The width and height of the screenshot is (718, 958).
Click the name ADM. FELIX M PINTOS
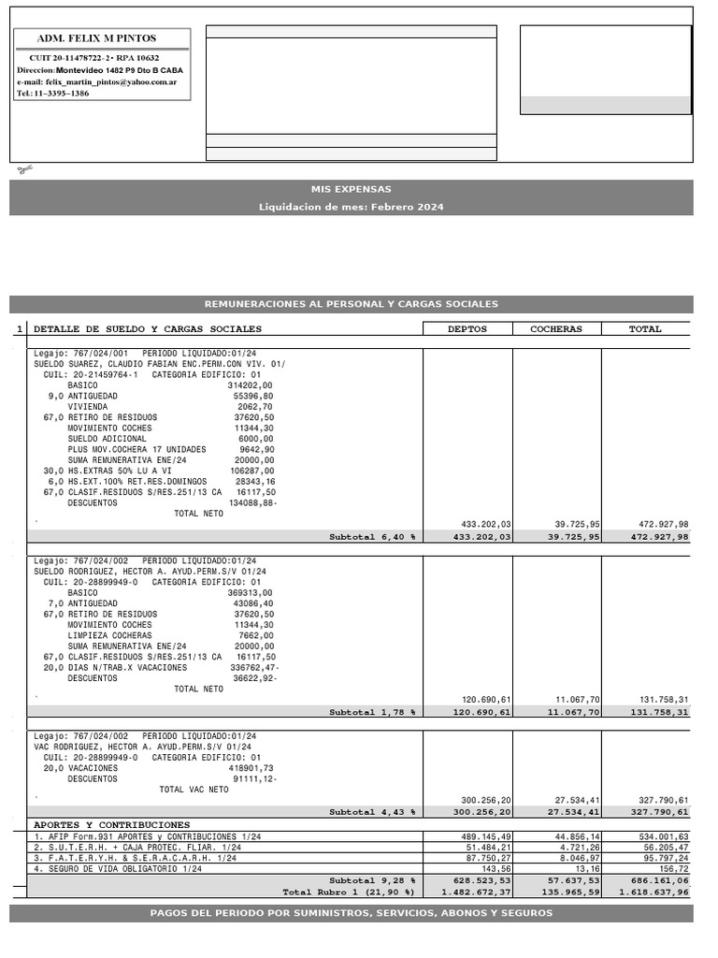(x=96, y=38)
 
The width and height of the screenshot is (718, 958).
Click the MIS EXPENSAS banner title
(x=352, y=189)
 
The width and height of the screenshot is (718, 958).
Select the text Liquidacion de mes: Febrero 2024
(x=352, y=207)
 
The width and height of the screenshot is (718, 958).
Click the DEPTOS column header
(x=467, y=329)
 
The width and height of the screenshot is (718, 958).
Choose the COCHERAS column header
(x=556, y=329)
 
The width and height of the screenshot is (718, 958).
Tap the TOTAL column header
(x=645, y=329)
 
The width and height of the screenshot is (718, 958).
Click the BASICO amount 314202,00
(x=250, y=385)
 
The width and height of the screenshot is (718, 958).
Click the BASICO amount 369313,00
(x=250, y=592)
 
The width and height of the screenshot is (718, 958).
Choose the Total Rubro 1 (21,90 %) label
(x=349, y=893)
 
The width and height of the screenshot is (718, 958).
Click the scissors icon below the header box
(x=23, y=169)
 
